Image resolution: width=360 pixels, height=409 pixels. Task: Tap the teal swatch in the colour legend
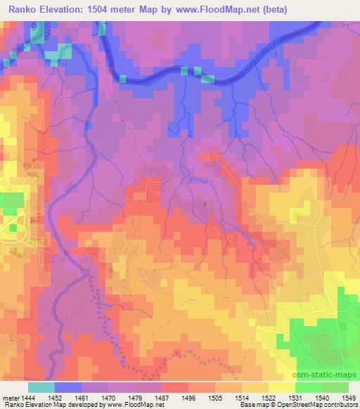coord(41,387)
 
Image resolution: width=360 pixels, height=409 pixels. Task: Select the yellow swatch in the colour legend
coord(281,387)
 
